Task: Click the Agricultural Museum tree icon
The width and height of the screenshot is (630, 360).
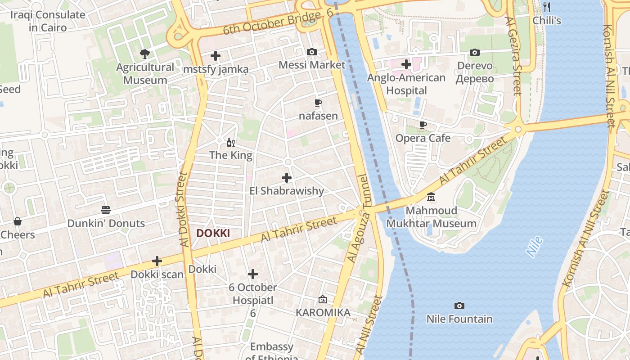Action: point(144,54)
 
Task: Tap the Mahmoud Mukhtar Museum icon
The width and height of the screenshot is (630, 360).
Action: point(431,197)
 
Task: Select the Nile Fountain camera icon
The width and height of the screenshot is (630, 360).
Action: point(459,306)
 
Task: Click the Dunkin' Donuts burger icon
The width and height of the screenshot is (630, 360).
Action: point(106,210)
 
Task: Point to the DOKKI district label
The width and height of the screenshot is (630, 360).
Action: point(213,233)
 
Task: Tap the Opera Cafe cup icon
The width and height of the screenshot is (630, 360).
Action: point(423,125)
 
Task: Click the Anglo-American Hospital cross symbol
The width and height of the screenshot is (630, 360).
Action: point(406,64)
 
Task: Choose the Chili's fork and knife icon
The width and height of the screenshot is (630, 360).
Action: point(547,7)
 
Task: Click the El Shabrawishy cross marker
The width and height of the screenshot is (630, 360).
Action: point(286,178)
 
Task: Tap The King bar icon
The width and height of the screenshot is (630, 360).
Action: point(230,143)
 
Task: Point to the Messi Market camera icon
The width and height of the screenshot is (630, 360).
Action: point(311,52)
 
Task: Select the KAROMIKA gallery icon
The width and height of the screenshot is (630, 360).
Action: point(323,299)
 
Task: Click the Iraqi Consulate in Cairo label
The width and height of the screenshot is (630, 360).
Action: point(48,21)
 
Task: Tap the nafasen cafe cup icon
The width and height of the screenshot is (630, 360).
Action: point(318,103)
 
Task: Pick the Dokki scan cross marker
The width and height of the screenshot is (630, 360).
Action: point(157,261)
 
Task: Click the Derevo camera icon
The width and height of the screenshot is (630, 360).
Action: point(474,53)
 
